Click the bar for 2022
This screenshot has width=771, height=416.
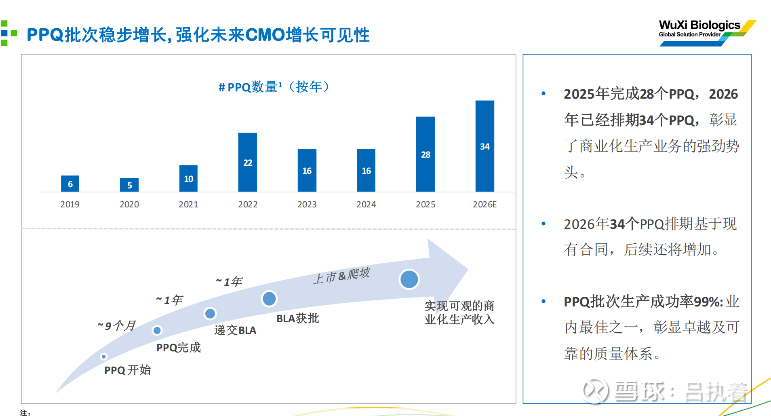(248, 162)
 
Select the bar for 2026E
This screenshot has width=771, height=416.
(485, 146)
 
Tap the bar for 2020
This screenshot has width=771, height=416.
(129, 185)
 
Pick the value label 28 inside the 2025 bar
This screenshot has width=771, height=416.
(426, 155)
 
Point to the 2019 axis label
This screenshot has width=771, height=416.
(70, 205)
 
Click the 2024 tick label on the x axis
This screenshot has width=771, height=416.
(366, 205)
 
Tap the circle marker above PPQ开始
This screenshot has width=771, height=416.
(104, 357)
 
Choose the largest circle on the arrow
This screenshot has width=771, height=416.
(409, 279)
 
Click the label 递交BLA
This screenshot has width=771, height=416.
(235, 330)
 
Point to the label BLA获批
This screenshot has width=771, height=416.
(298, 319)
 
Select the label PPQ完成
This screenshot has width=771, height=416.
(179, 348)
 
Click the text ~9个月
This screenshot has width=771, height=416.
(116, 326)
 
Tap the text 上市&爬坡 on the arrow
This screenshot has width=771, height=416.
(341, 275)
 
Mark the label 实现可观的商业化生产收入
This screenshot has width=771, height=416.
(459, 313)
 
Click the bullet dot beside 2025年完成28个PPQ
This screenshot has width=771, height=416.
(543, 94)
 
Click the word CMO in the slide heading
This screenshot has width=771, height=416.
(265, 35)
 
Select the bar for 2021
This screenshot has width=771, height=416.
(188, 178)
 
